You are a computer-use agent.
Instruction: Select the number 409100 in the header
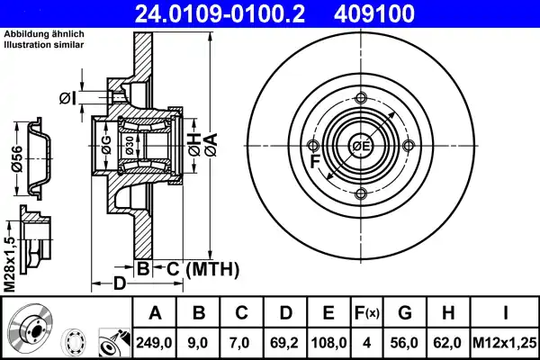tap(400, 13)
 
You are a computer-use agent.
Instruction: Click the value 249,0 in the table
tap(155, 343)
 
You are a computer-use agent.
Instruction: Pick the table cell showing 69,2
tap(285, 343)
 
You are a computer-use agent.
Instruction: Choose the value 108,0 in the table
tap(328, 343)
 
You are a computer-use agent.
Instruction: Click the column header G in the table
tap(406, 314)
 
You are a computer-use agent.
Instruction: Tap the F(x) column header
tap(368, 314)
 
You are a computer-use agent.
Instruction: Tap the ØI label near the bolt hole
tap(67, 97)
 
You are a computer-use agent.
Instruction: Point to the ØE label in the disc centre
tap(361, 147)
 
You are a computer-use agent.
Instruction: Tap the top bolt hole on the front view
tap(360, 99)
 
